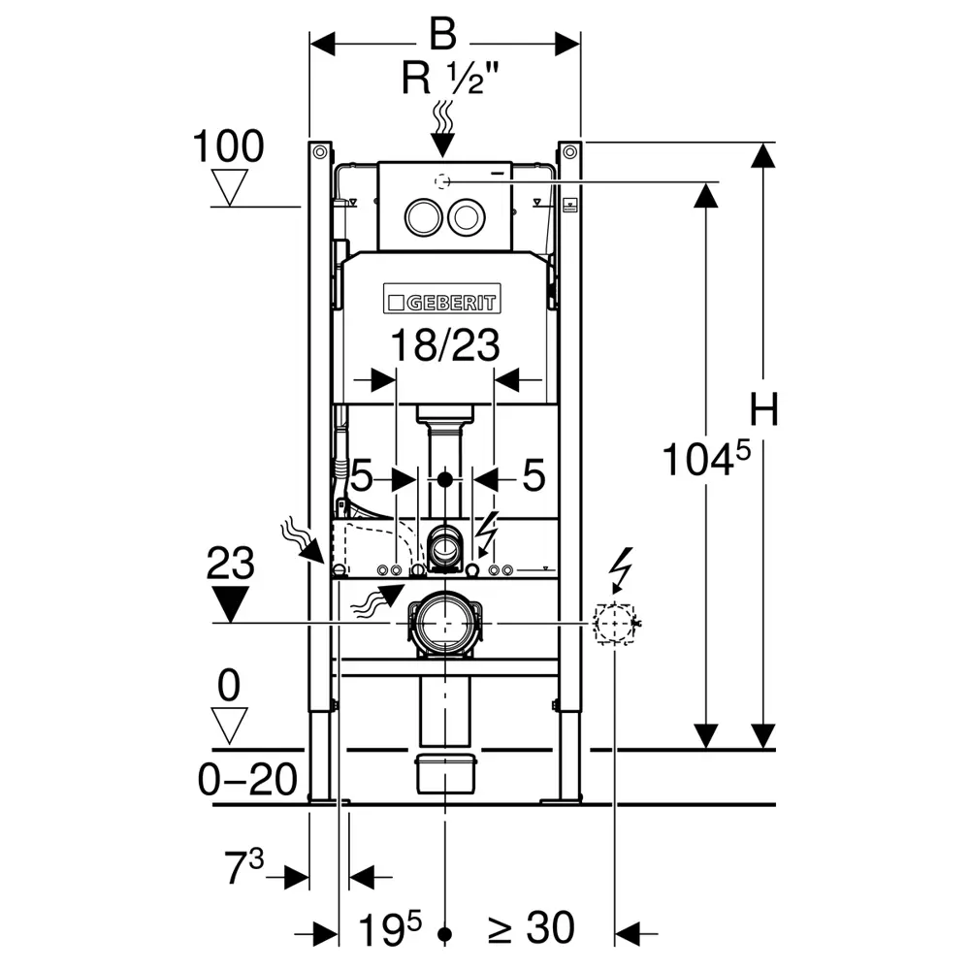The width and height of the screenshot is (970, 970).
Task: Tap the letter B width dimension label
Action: (x=443, y=34)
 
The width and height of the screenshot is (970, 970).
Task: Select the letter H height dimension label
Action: (x=763, y=409)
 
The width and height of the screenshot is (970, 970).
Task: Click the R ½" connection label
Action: (x=449, y=79)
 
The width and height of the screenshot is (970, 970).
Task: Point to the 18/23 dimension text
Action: (x=445, y=344)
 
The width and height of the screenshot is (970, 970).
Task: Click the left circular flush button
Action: (x=424, y=217)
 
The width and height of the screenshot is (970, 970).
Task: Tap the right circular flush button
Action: (x=467, y=217)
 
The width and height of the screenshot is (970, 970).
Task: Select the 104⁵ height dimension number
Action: (x=706, y=458)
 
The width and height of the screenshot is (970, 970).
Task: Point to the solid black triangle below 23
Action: (x=230, y=603)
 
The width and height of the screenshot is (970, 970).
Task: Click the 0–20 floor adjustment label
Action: (x=247, y=779)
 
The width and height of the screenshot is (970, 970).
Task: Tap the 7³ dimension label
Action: (x=243, y=866)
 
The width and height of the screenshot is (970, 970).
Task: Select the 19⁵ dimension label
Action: (x=390, y=929)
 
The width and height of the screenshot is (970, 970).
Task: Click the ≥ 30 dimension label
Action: (x=532, y=928)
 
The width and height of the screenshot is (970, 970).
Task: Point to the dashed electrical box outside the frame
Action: (x=614, y=624)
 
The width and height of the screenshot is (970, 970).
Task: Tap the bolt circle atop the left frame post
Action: (x=320, y=151)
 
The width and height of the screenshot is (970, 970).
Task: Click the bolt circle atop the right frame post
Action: (x=569, y=151)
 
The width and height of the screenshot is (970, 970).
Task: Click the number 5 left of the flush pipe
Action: (x=363, y=475)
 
